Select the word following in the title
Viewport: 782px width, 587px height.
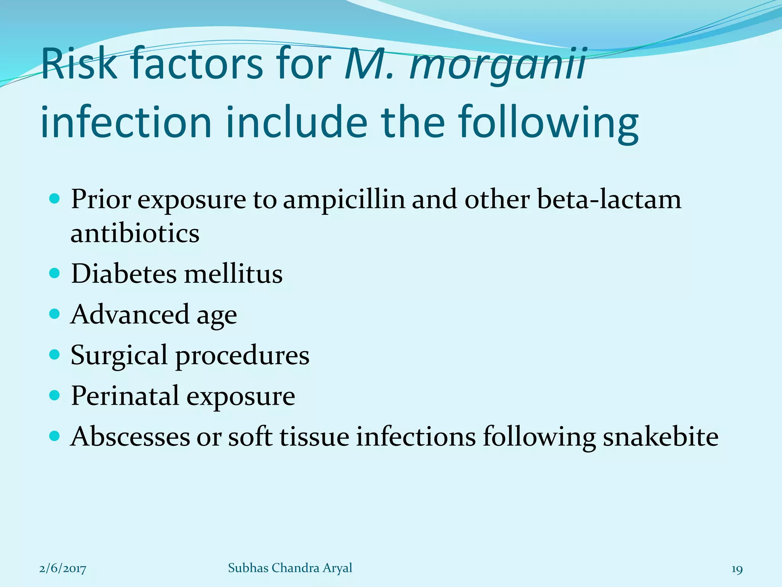pos(548,122)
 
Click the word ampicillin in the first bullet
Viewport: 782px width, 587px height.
pos(344,199)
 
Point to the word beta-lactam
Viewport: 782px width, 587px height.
pos(609,199)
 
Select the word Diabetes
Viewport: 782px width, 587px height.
pos(124,274)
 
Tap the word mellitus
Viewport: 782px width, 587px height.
pos(233,274)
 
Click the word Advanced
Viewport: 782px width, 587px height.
pos(130,315)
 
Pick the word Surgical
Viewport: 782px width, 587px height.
pos(119,355)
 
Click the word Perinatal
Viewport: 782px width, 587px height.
pos(125,396)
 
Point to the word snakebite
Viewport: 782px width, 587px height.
pos(661,436)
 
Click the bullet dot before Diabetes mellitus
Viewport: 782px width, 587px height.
pos(55,273)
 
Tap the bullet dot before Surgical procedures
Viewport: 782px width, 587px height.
pos(55,354)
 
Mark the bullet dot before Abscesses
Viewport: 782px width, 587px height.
pos(55,436)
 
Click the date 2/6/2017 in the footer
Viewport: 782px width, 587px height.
pos(63,569)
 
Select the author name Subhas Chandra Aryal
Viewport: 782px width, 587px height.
pos(290,568)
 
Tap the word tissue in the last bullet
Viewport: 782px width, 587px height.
pos(314,436)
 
